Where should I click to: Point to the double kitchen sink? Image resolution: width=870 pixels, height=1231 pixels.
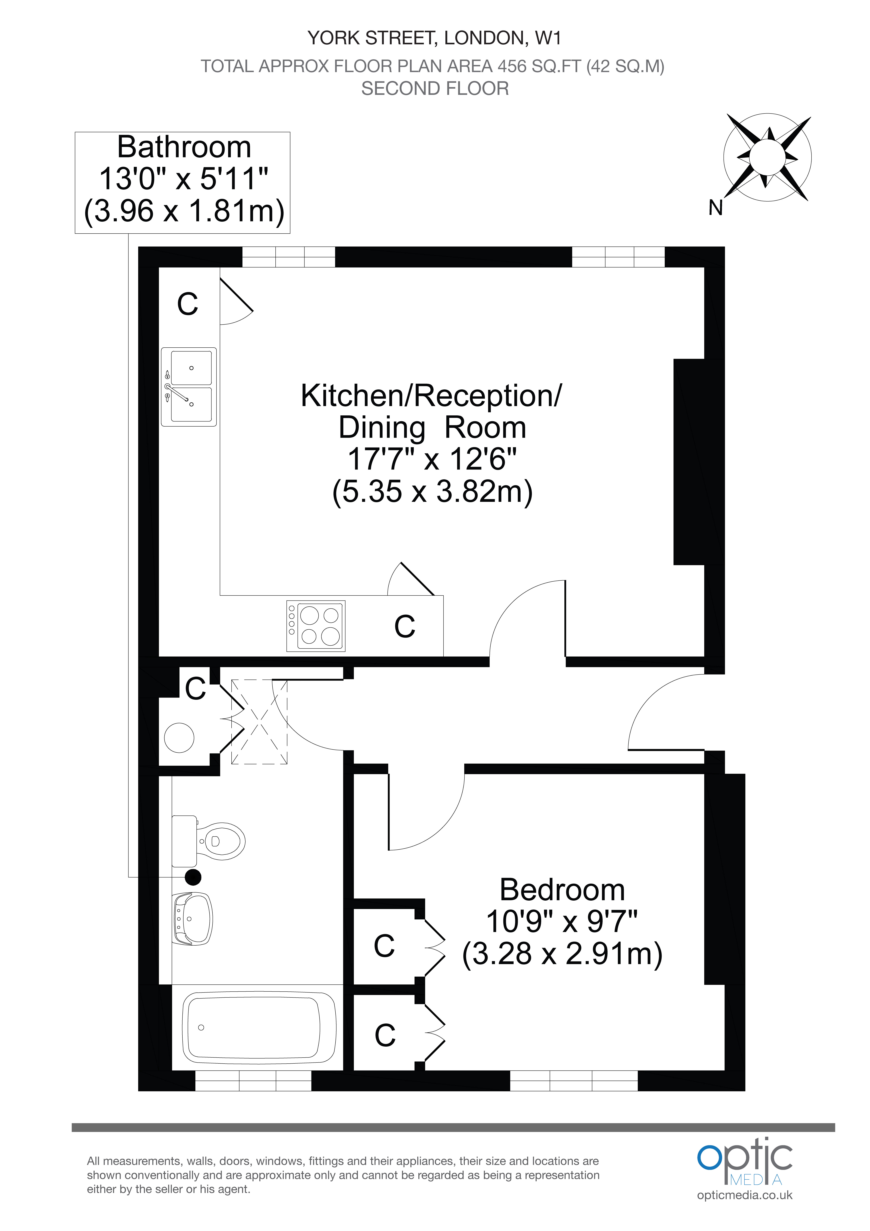click(189, 387)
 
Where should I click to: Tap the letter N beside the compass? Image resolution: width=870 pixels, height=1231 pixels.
click(716, 207)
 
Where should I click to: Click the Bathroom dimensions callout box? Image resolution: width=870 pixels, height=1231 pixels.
click(182, 182)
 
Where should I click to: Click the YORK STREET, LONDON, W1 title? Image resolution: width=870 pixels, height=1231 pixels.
click(434, 38)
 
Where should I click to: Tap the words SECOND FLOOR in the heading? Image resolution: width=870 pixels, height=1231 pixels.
click(435, 88)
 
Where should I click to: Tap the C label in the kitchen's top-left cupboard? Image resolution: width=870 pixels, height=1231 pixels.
click(188, 304)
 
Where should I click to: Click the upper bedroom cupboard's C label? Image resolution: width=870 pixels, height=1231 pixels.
click(384, 946)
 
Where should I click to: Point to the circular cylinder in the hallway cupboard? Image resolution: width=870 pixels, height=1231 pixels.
click(179, 738)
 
